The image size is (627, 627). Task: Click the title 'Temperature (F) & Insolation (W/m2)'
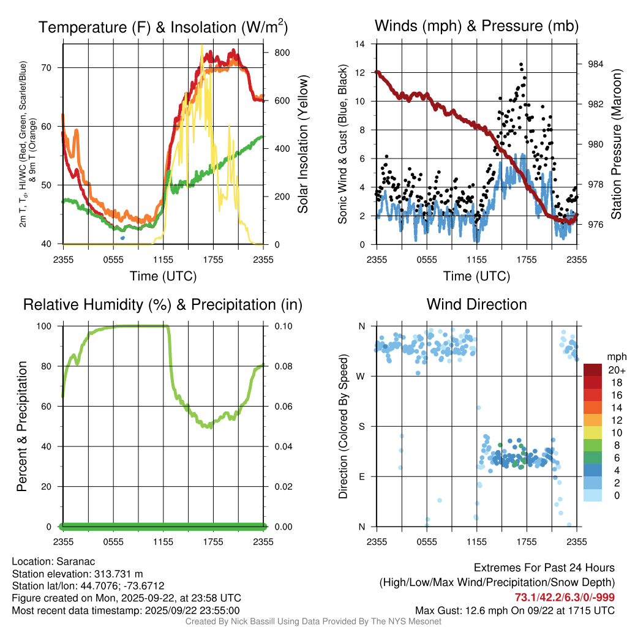coord(163,27)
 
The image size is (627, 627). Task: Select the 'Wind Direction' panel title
coord(476,304)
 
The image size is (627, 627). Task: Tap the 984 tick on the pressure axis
coord(595,64)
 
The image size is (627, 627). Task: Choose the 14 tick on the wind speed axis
coord(361,44)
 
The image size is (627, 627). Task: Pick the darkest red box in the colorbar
coord(592,370)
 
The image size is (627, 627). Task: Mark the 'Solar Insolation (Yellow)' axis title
coord(302,145)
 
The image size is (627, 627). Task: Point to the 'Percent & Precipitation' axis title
coord(22,426)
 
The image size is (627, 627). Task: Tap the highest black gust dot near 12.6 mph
coord(521,64)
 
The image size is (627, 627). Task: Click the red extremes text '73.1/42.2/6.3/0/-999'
coord(565,598)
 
